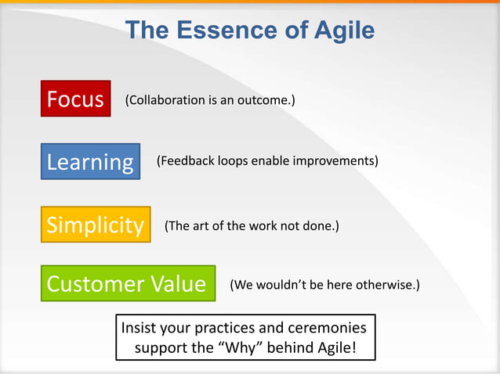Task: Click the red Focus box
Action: pyautogui.click(x=75, y=99)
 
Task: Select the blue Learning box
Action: pyautogui.click(x=90, y=162)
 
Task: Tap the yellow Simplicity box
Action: pyautogui.click(x=95, y=225)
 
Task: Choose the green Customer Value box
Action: pyautogui.click(x=127, y=283)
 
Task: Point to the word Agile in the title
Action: pyautogui.click(x=339, y=31)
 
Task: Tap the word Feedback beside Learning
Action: pyautogui.click(x=185, y=161)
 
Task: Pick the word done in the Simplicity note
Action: pyautogui.click(x=320, y=226)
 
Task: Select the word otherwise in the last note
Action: pyautogui.click(x=387, y=284)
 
